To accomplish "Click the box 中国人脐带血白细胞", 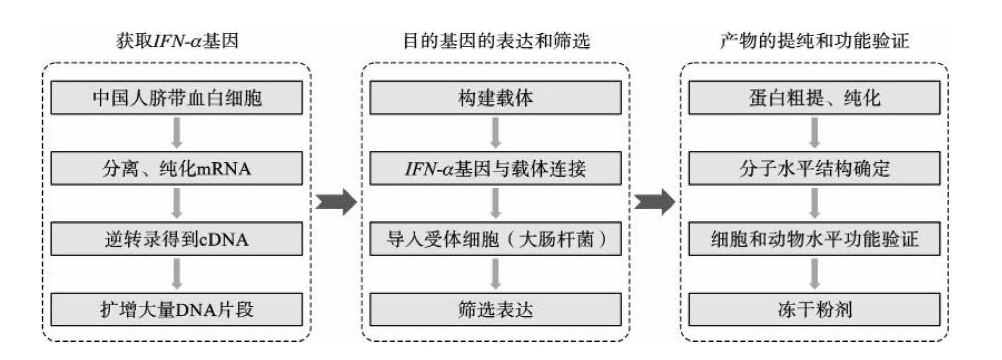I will [177, 98].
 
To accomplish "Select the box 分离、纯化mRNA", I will [177, 168].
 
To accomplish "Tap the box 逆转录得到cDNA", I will [177, 239].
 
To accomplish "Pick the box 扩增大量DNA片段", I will [177, 309].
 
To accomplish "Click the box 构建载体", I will [495, 98].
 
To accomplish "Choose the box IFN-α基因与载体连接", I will [495, 168].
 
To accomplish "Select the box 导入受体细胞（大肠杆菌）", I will [495, 239].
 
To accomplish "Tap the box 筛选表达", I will [495, 309].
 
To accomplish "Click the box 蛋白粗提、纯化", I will [814, 98].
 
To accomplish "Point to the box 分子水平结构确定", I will [814, 168].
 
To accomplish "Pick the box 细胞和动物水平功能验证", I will [814, 239].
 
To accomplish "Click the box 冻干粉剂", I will [814, 309].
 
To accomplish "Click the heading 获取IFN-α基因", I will [177, 41].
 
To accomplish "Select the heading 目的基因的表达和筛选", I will [496, 41].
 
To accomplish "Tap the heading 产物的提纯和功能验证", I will [814, 41].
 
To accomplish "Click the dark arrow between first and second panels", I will [336, 201].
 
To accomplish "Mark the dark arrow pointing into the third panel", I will [655, 201].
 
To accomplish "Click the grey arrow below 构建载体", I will [495, 133].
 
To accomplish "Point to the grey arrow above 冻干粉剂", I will [814, 274].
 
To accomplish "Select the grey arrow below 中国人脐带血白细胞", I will [177, 133].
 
